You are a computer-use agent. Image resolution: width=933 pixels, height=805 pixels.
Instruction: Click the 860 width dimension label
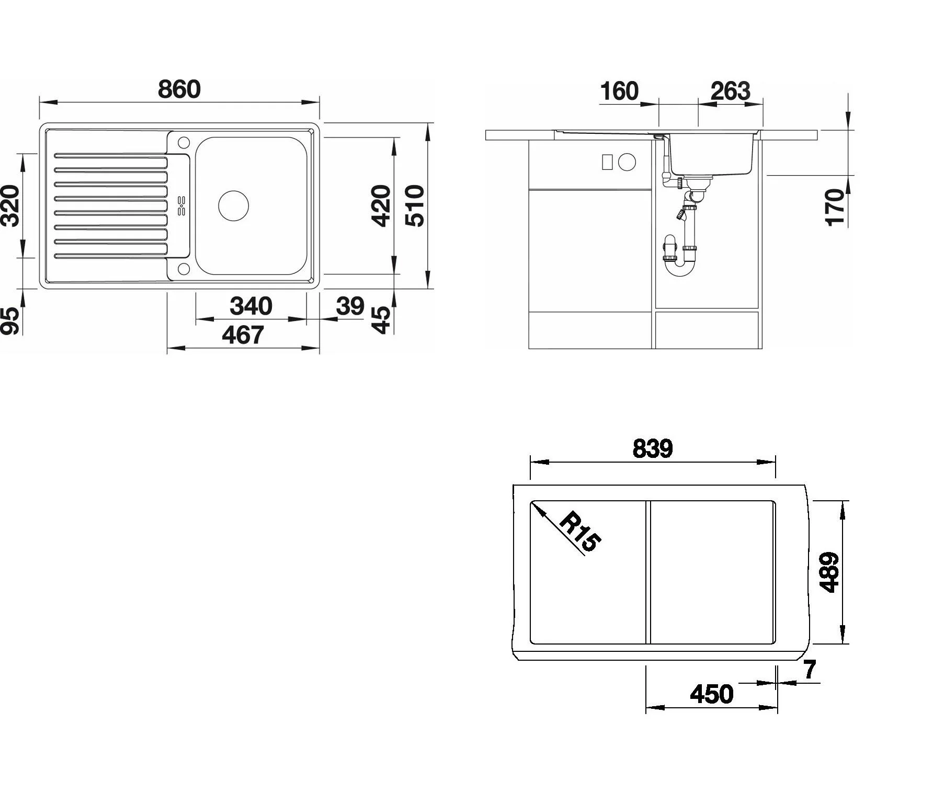point(179,89)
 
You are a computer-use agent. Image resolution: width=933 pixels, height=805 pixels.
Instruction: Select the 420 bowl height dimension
point(381,205)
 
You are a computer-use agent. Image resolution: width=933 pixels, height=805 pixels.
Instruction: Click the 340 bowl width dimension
point(251,306)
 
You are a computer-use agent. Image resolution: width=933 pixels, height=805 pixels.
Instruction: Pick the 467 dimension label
point(243,335)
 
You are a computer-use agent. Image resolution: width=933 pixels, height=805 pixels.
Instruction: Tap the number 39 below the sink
point(350,306)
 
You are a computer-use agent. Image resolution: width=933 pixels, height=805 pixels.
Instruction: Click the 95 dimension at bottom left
point(10,320)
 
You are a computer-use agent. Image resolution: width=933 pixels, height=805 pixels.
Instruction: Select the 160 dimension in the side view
point(619,91)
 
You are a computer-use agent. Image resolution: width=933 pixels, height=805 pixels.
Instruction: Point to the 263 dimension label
point(730,91)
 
